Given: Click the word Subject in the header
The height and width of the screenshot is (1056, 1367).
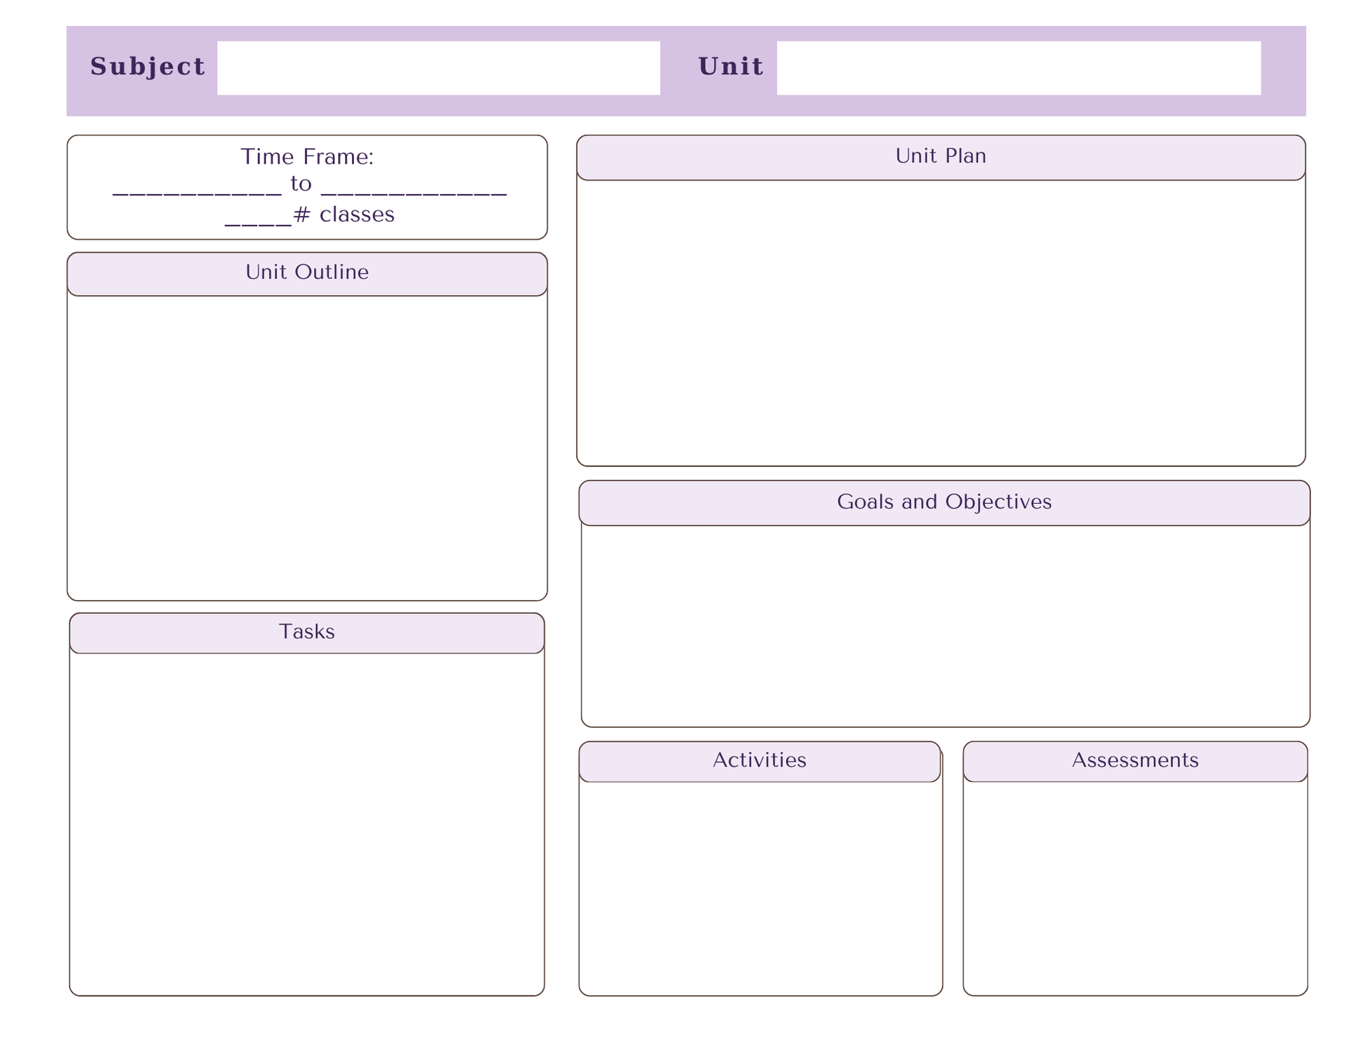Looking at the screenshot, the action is point(148,67).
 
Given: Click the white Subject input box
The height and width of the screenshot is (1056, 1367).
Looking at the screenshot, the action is point(438,68).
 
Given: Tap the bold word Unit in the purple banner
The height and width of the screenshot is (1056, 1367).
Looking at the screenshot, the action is point(731,67).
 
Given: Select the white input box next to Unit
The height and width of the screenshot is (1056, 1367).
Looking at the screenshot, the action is point(1019,68).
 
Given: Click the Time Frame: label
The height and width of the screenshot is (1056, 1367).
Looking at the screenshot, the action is point(307,157).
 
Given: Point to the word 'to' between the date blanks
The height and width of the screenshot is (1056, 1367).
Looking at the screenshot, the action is point(301,184).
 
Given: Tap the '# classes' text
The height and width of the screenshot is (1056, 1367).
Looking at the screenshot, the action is point(344,214).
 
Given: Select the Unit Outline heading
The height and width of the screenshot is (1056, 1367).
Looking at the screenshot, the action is point(307,272).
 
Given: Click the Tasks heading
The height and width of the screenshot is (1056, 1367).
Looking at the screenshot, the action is point(307,632).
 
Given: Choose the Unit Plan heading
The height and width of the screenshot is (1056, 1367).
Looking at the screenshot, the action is point(941,156).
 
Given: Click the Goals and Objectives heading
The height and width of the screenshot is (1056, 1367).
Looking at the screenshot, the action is point(944,502).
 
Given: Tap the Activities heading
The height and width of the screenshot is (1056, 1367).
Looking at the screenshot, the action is point(759,760).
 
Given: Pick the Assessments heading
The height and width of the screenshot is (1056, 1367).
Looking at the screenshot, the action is point(1135,760).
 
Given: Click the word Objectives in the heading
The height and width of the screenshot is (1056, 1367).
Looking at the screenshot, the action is point(998,502).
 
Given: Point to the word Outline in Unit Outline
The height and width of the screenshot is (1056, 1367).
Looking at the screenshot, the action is point(332,272).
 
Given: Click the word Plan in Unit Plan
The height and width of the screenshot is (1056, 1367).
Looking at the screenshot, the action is point(964,156).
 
